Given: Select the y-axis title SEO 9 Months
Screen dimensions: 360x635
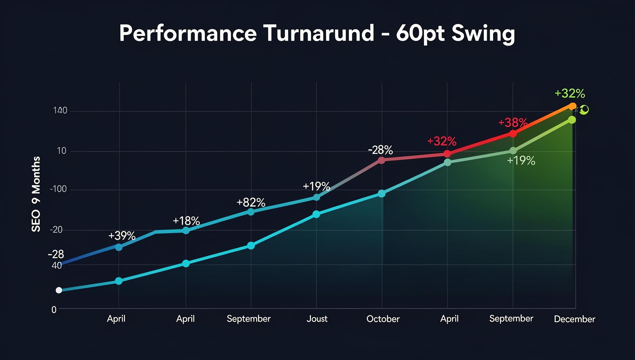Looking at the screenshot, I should (x=36, y=194).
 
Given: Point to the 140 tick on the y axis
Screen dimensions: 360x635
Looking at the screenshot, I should (x=60, y=111).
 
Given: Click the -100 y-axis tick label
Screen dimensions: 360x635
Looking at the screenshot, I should (x=58, y=189).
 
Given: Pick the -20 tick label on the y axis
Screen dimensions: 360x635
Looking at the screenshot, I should (x=56, y=230).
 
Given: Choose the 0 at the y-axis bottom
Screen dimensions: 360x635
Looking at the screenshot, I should (x=54, y=310).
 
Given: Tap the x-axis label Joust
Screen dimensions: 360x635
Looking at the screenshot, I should (x=317, y=319).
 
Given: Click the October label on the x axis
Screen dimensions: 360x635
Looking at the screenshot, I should (x=383, y=319).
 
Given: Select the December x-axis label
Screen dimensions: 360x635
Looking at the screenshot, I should (x=574, y=319).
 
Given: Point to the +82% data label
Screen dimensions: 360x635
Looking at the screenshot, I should (x=251, y=202).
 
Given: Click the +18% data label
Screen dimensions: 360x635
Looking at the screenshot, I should (x=186, y=221).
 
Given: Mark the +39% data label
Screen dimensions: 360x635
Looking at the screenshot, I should (x=122, y=236).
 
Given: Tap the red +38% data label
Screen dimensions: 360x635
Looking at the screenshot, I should (x=513, y=123).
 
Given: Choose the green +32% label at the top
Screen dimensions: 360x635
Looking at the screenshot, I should (x=570, y=93).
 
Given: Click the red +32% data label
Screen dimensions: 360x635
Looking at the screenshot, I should (x=442, y=141).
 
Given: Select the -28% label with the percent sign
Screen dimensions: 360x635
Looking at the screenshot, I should (x=380, y=150).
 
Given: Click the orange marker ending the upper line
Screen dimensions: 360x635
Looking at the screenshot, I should (x=572, y=106).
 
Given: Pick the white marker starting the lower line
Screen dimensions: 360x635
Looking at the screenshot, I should (x=59, y=290).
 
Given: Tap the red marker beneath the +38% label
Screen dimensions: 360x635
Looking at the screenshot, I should (x=513, y=134).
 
